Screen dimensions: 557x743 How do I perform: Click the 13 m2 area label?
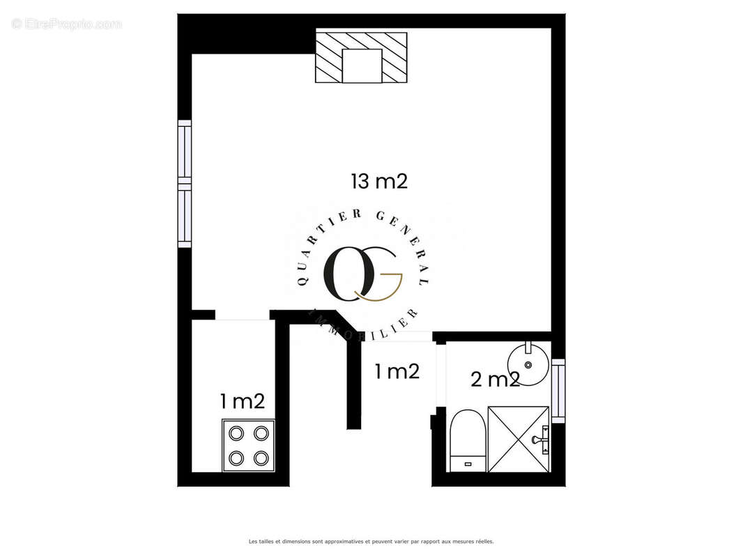378,182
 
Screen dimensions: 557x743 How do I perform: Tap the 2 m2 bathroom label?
495,379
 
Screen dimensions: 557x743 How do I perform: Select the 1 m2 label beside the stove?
242,401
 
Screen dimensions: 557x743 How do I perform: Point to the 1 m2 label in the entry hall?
397,372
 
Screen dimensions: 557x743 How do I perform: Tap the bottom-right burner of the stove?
261,457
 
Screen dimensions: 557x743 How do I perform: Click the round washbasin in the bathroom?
528,363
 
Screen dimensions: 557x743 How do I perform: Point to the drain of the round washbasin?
528,364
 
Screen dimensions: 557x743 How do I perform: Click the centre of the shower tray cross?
519,439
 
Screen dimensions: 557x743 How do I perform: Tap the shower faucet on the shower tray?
540,439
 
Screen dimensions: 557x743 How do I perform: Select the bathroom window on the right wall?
558,391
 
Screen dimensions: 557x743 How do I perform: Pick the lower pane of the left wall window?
184,217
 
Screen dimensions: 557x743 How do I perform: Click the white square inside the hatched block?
362,66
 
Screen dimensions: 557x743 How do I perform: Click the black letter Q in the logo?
345,272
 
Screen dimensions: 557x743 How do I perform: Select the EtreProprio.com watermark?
66,24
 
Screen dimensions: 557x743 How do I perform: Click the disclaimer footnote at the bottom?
371,541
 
